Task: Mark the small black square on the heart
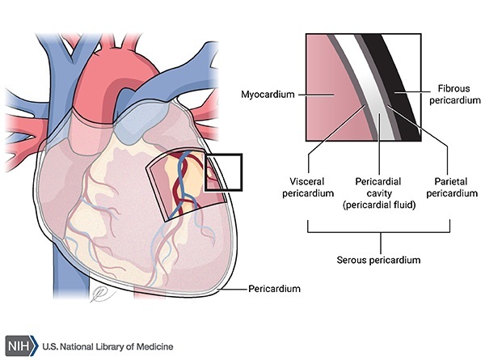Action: point(224,170)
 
